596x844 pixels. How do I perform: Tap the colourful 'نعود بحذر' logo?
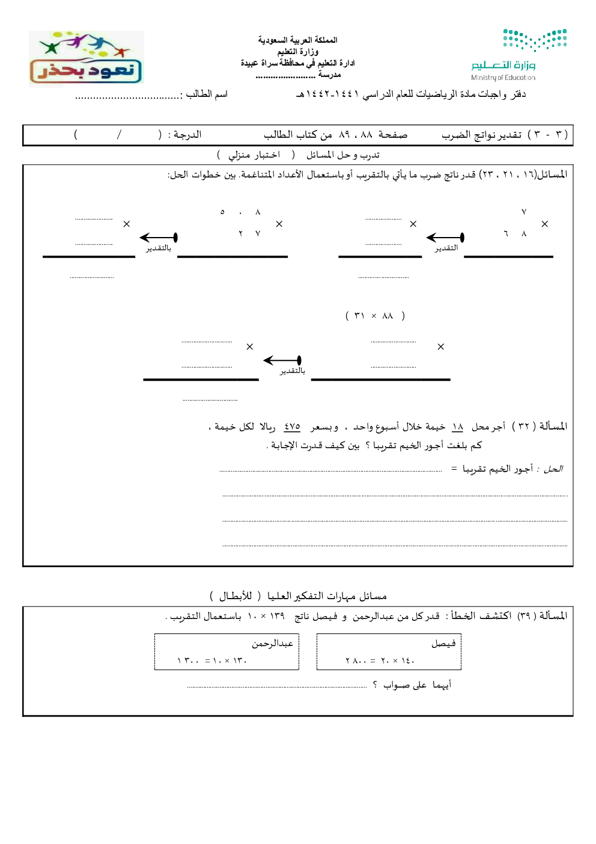[x=86, y=59]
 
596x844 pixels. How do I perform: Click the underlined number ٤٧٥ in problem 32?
[x=292, y=427]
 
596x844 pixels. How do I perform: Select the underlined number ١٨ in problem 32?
[x=457, y=427]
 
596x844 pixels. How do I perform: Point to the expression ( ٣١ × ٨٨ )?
[x=375, y=316]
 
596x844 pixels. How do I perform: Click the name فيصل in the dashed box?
[x=443, y=644]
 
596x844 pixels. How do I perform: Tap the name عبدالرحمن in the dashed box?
[x=272, y=644]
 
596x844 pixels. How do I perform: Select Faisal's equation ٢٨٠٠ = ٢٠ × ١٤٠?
[x=380, y=661]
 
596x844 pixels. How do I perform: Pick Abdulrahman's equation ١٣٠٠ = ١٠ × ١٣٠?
[x=212, y=661]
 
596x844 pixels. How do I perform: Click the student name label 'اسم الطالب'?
[x=207, y=94]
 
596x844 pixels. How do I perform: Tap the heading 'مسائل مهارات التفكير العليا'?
[x=327, y=596]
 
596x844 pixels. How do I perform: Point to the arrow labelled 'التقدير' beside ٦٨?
[x=445, y=238]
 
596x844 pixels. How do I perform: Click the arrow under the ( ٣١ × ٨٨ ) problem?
[x=282, y=360]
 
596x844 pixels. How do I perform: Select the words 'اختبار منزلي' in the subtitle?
[x=254, y=155]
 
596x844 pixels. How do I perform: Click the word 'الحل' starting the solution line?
[x=553, y=469]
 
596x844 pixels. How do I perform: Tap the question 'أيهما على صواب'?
[x=417, y=685]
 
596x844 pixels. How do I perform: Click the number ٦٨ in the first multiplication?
[x=515, y=233]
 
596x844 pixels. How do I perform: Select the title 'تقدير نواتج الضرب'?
[x=481, y=135]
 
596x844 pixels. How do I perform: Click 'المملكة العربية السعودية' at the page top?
[x=297, y=40]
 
